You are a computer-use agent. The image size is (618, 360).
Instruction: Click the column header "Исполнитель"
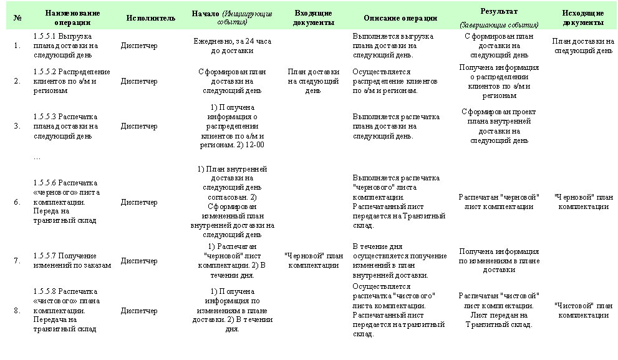[x=150, y=18]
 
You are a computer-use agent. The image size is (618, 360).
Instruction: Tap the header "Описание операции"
[x=400, y=18]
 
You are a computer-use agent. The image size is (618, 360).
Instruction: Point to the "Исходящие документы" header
[x=582, y=17]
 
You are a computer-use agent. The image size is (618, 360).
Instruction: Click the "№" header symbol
[x=17, y=18]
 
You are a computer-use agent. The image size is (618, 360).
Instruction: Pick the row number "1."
[x=17, y=46]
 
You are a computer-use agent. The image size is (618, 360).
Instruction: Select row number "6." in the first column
[x=17, y=202]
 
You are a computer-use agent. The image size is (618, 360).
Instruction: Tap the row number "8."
[x=17, y=311]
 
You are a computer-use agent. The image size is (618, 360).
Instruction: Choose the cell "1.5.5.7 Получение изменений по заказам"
[x=72, y=260]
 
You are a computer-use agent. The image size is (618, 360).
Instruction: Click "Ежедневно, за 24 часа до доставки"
[x=232, y=46]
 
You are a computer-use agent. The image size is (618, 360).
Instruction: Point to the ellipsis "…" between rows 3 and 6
[x=37, y=158]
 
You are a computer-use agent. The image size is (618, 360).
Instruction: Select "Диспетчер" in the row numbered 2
[x=139, y=81]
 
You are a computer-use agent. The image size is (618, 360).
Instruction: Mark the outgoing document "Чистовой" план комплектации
[x=582, y=311]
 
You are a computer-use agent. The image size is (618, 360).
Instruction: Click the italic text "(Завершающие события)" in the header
[x=499, y=26]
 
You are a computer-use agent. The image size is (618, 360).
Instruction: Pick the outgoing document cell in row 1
[x=582, y=46]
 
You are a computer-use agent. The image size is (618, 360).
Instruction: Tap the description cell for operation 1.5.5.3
[x=396, y=126]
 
